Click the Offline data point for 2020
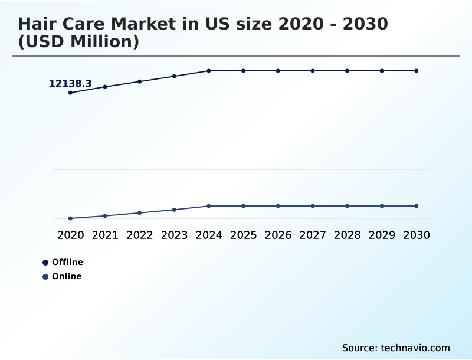(x=71, y=93)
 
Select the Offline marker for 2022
(x=140, y=81)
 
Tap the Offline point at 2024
(x=209, y=71)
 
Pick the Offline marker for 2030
(x=416, y=71)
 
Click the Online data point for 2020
(x=71, y=218)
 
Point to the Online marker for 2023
(x=174, y=210)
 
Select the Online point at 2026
(x=278, y=206)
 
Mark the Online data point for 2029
(x=382, y=206)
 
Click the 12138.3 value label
(x=70, y=84)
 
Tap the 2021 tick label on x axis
(x=105, y=235)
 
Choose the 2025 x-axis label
(x=243, y=235)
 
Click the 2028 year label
(x=347, y=235)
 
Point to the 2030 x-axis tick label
(x=416, y=235)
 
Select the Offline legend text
(x=67, y=262)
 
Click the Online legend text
(x=67, y=276)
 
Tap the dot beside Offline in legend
(x=45, y=263)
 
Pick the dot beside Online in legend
(x=45, y=277)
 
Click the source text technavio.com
(x=415, y=348)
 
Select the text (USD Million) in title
(x=78, y=42)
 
